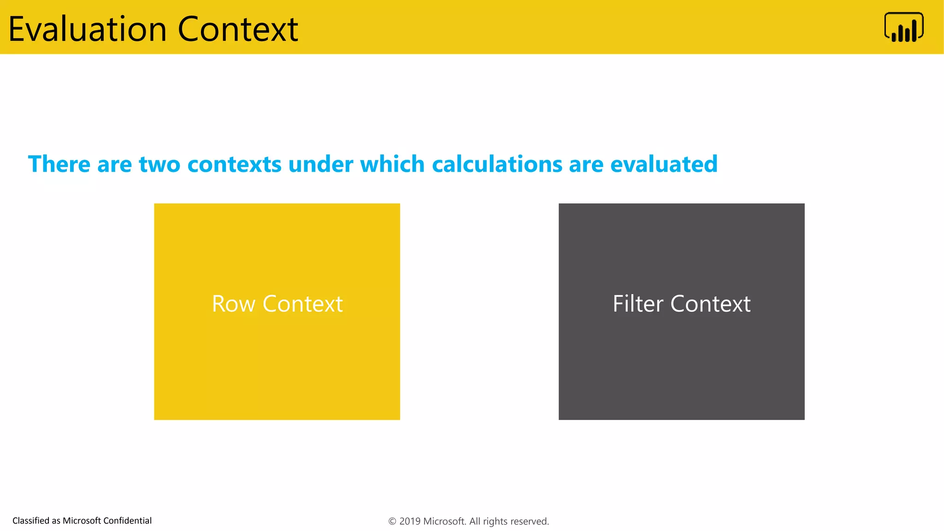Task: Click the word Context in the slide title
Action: (238, 29)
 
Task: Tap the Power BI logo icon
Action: (903, 28)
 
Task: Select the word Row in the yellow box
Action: (233, 304)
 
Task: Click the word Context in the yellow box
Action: (302, 304)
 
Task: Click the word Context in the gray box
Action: (710, 304)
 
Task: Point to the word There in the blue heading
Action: (59, 164)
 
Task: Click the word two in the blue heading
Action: (159, 165)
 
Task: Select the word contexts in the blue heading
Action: (234, 165)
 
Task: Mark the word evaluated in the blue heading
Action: (664, 164)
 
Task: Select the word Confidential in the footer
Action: (127, 521)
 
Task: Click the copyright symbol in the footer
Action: (392, 521)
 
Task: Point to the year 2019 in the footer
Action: (410, 521)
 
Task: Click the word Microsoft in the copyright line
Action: (444, 521)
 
